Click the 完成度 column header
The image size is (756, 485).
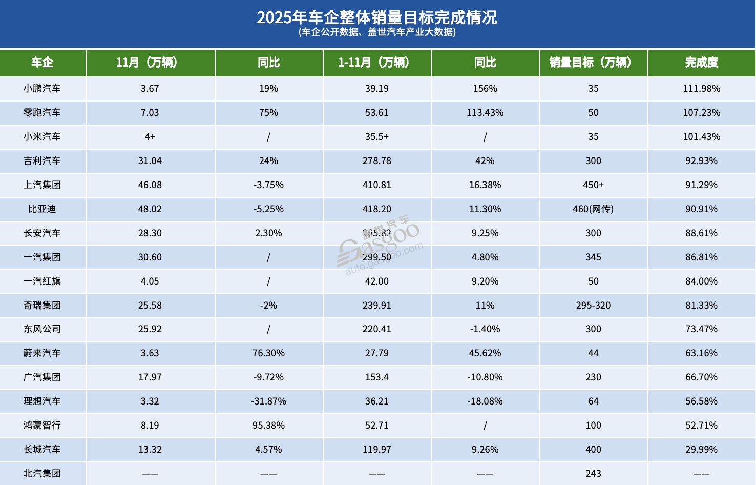click(x=701, y=63)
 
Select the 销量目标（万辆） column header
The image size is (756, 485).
click(x=593, y=63)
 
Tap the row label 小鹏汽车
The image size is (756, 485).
click(x=42, y=89)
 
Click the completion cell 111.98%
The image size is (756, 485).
click(x=701, y=89)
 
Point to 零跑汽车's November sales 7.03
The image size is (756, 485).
click(x=150, y=113)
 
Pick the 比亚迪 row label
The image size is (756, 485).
click(x=42, y=209)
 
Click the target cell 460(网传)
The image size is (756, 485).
click(x=593, y=209)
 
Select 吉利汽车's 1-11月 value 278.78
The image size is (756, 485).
click(x=376, y=161)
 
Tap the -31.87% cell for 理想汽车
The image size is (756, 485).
click(x=268, y=401)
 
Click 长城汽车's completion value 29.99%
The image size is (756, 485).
click(x=701, y=450)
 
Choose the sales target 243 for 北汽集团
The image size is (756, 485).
click(x=593, y=474)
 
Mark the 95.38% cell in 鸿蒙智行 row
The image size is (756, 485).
click(x=268, y=426)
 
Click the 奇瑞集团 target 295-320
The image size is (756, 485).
click(x=593, y=306)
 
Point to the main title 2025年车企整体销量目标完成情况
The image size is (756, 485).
click(x=377, y=17)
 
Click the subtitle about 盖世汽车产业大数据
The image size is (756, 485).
click(x=377, y=32)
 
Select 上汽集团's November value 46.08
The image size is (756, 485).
click(x=150, y=185)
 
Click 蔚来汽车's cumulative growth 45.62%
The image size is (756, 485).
click(x=485, y=353)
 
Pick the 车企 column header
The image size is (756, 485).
click(x=42, y=63)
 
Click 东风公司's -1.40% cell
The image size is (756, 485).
click(x=485, y=329)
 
